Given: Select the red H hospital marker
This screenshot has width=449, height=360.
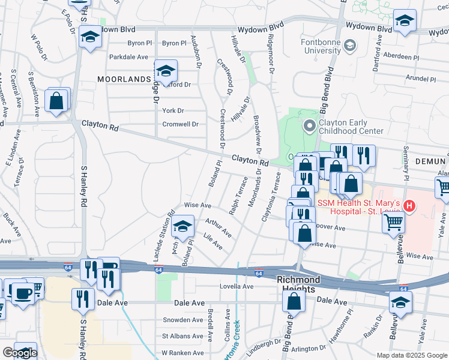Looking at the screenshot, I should click(410, 206).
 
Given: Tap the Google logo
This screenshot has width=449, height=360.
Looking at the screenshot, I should click(20, 353).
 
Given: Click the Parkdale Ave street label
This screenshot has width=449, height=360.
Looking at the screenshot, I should click(128, 57).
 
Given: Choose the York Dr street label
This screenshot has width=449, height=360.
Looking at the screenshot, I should click(173, 110).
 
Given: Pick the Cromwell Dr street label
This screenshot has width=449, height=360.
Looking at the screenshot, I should click(180, 124).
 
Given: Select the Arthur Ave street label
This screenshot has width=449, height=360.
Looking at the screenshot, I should click(218, 228).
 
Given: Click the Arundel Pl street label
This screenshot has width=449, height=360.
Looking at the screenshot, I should click(420, 79).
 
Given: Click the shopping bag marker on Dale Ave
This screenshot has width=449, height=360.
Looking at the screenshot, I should click(294, 302).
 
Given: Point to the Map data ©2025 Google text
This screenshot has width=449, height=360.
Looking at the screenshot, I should click(411, 355).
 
